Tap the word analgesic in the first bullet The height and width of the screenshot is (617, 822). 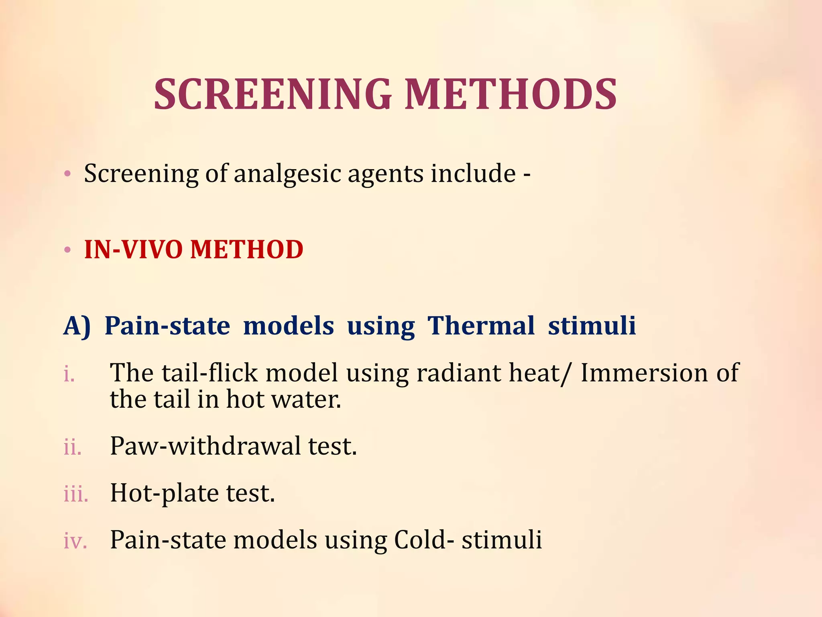pos(287,174)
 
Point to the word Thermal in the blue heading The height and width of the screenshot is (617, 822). pos(481,325)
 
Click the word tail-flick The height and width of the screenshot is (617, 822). pos(210,372)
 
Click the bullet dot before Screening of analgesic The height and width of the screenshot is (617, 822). pos(67,174)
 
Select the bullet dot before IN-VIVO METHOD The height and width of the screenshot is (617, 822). pos(67,249)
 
